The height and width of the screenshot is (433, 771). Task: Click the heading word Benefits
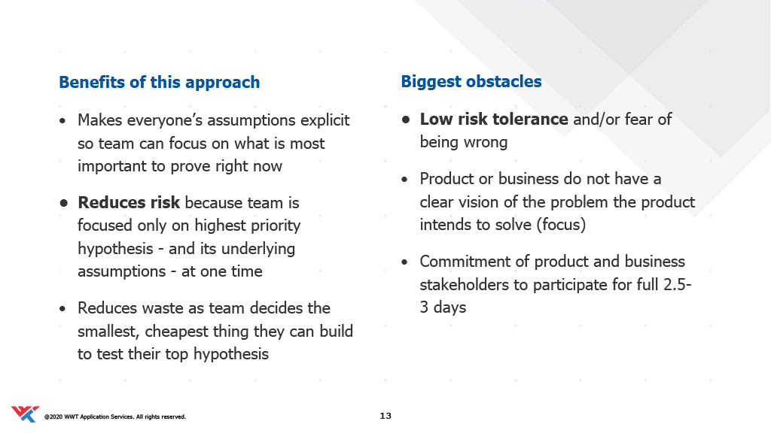[x=92, y=82]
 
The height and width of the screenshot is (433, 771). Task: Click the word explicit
[x=325, y=120]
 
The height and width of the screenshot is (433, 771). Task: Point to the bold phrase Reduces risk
[x=129, y=202]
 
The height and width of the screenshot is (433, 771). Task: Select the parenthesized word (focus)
[x=561, y=225]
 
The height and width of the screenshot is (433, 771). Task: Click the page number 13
[x=385, y=416]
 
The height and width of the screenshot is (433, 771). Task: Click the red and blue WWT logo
[x=25, y=414]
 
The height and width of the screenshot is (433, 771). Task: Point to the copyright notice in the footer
[x=115, y=416]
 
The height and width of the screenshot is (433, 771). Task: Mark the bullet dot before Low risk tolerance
[x=406, y=120]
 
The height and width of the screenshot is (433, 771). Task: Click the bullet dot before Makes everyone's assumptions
[x=62, y=121]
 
